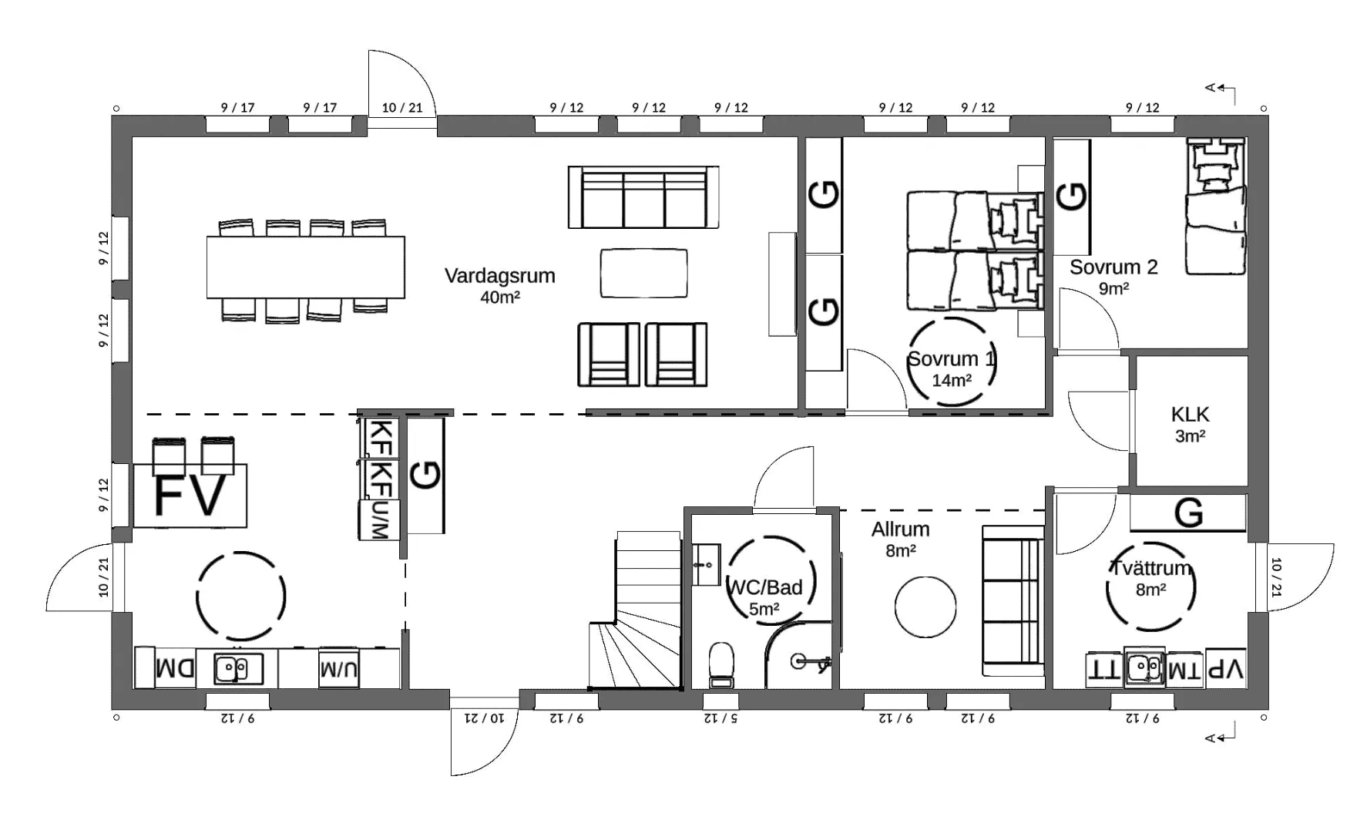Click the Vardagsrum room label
point(499,276)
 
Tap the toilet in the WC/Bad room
point(721,664)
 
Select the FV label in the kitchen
point(190,495)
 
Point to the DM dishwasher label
point(176,668)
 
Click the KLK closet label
point(1190,415)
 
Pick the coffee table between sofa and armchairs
point(643,273)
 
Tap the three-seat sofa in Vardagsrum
point(643,197)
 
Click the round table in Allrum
point(925,607)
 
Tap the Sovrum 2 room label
point(1113,267)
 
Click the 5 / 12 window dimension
point(720,718)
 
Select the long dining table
point(305,267)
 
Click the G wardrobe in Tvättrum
point(1188,513)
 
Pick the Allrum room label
point(900,529)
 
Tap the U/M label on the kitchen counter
point(340,670)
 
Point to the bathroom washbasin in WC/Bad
point(706,565)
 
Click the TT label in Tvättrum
point(1104,669)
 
